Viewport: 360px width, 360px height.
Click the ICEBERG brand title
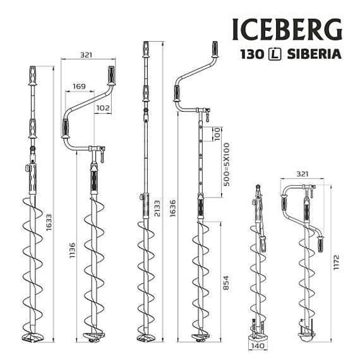click(x=287, y=29)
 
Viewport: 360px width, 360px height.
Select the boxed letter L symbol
click(x=275, y=54)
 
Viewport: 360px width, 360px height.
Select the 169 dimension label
click(x=79, y=86)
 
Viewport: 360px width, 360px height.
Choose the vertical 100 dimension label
click(x=217, y=134)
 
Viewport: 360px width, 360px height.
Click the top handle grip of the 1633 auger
click(x=32, y=76)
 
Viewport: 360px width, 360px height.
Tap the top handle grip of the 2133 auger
click(x=147, y=51)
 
